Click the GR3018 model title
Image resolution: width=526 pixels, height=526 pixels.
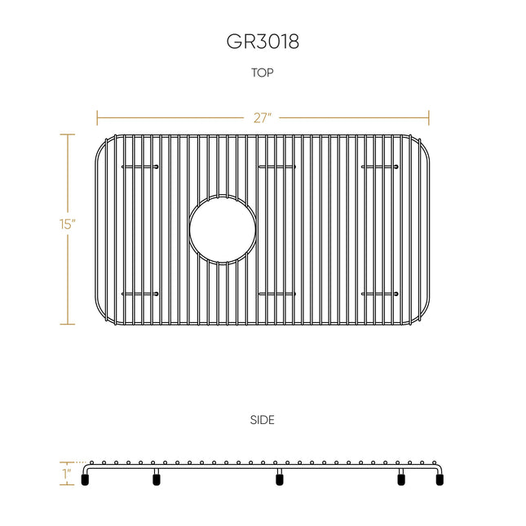click(263, 42)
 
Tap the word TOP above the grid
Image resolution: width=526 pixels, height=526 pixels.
click(263, 73)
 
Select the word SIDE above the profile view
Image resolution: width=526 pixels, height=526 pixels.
click(263, 420)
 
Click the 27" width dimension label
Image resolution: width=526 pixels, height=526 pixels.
click(262, 118)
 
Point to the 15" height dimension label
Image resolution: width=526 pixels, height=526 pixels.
click(68, 224)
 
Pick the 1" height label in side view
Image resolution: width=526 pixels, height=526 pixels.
click(67, 474)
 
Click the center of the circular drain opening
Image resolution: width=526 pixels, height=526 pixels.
click(223, 230)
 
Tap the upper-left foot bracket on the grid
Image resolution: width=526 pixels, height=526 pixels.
click(140, 166)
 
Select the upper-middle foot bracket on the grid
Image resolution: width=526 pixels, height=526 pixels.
click(277, 166)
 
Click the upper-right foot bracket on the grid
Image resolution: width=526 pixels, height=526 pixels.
click(380, 166)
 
